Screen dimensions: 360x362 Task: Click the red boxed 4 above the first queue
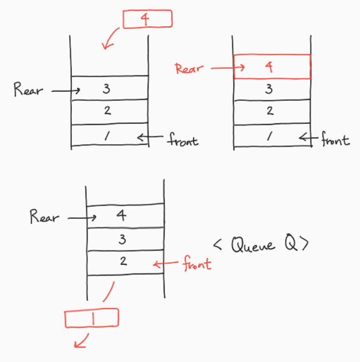tap(148, 19)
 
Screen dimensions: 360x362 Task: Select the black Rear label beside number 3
tap(28, 90)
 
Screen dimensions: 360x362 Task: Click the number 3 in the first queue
tap(106, 88)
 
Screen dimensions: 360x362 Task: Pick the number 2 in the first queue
tap(107, 110)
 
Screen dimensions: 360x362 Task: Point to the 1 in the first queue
tap(107, 136)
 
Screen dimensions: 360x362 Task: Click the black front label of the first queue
tap(183, 139)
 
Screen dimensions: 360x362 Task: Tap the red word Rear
tap(189, 69)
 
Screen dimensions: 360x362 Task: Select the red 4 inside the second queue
tap(269, 67)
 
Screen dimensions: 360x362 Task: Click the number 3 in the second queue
tap(269, 89)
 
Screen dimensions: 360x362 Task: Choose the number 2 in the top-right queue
tap(270, 110)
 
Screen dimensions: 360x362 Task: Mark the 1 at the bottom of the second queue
tap(269, 136)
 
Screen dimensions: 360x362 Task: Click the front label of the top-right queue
tap(335, 139)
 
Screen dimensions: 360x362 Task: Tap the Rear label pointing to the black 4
tap(45, 216)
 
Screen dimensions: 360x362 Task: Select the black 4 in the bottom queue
tap(121, 215)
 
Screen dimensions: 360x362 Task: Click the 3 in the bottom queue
tap(122, 239)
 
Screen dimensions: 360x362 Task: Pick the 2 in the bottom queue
tap(123, 261)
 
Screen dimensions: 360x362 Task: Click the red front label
tap(197, 263)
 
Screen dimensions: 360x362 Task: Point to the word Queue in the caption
tap(253, 245)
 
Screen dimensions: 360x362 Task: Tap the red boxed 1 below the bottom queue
tap(92, 318)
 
